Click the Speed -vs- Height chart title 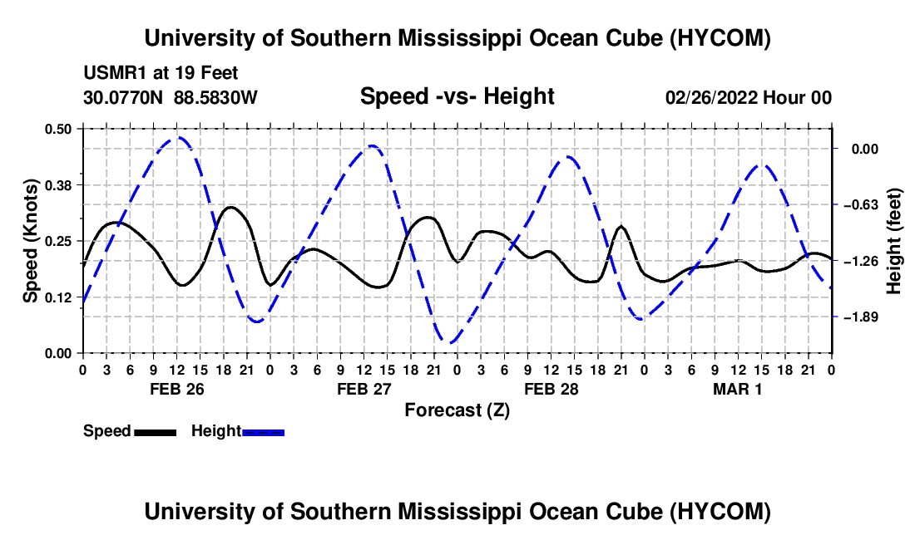point(457,96)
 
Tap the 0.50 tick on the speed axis point(57,129)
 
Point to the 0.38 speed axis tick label point(57,185)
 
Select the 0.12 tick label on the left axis point(57,297)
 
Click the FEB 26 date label point(177,389)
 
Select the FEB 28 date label point(551,389)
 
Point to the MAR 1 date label point(738,389)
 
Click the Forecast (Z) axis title point(457,410)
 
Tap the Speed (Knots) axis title point(30,241)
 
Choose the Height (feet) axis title point(893,241)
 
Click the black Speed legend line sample point(156,432)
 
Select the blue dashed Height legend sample point(263,432)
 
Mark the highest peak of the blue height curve point(179,138)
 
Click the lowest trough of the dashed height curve point(450,342)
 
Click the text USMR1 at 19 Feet point(161,73)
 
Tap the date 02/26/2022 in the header point(711,97)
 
